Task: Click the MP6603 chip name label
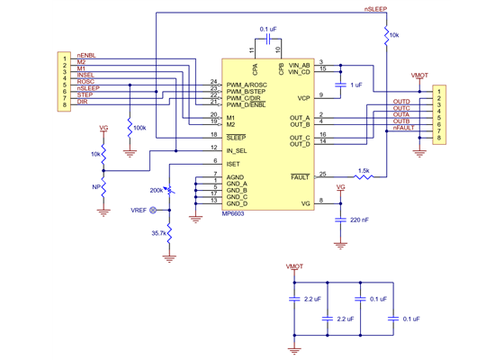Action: point(233,214)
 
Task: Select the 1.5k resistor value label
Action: point(364,169)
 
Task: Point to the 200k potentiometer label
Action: point(157,192)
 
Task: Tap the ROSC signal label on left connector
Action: point(85,82)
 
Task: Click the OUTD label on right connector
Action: point(401,102)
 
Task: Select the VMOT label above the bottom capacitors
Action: point(294,267)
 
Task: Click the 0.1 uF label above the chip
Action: point(268,30)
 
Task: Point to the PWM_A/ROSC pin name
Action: point(247,83)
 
